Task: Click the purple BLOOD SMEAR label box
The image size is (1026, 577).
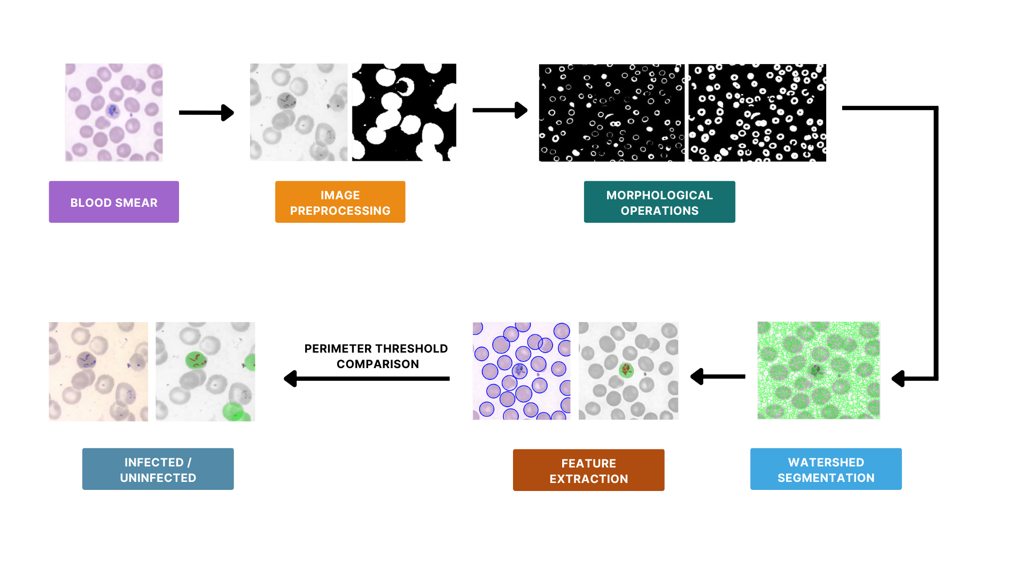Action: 114,202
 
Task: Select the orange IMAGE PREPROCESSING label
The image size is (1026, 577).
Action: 340,202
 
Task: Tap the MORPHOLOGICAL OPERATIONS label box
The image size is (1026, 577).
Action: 659,202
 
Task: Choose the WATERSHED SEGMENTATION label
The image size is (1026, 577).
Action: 826,469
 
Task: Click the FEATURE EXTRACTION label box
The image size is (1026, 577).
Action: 588,470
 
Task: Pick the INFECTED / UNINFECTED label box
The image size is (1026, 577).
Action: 158,469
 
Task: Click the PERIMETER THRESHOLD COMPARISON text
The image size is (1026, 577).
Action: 377,356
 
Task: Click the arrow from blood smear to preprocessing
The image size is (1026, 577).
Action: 206,113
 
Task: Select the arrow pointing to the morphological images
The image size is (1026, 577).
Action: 500,110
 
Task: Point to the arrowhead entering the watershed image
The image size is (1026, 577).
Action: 898,379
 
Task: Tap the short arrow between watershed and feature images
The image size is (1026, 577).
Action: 718,377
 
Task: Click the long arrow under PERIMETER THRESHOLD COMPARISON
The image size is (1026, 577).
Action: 367,379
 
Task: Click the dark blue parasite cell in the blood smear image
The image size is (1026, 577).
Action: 113,111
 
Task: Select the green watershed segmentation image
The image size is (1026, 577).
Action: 819,370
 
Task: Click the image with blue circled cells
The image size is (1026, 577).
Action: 522,371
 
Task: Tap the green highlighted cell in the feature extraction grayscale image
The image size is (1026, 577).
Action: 626,370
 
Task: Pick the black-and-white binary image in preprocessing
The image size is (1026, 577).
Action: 404,112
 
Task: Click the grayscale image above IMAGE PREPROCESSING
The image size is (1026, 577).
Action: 299,112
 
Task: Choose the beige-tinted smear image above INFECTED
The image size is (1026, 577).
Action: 98,371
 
